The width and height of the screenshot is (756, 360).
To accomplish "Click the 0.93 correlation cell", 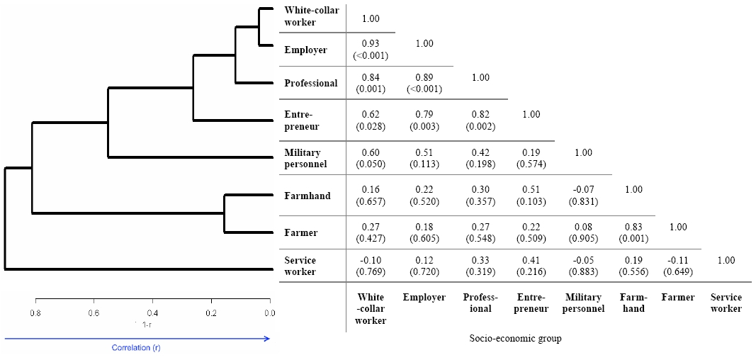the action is [371, 44].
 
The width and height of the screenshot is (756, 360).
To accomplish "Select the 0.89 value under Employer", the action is [425, 77].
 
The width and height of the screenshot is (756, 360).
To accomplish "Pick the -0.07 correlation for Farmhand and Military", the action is [583, 190].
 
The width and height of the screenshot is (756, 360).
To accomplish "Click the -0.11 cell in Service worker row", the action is [678, 261].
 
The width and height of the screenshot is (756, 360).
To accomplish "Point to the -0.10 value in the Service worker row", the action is [371, 261].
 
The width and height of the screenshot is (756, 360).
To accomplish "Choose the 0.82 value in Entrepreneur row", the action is [480, 115].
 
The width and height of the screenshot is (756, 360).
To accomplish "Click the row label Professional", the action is [311, 84].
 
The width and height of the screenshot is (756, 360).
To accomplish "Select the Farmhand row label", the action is [308, 196].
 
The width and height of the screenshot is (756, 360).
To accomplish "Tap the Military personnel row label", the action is [305, 159].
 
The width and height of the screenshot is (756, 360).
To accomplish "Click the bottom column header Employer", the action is [424, 298].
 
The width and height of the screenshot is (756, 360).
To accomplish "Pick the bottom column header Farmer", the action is [678, 298].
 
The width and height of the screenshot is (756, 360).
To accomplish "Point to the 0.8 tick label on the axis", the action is [35, 313].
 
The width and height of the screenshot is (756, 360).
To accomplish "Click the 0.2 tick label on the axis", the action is [211, 313].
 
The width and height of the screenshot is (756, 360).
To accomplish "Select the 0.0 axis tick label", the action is [269, 313].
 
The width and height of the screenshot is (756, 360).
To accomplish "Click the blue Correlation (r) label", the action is [136, 347].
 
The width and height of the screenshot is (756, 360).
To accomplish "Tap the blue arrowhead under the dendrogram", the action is [266, 339].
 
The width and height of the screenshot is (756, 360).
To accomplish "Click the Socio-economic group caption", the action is [515, 338].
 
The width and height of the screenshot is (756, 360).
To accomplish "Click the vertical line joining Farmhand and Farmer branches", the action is [224, 213].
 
